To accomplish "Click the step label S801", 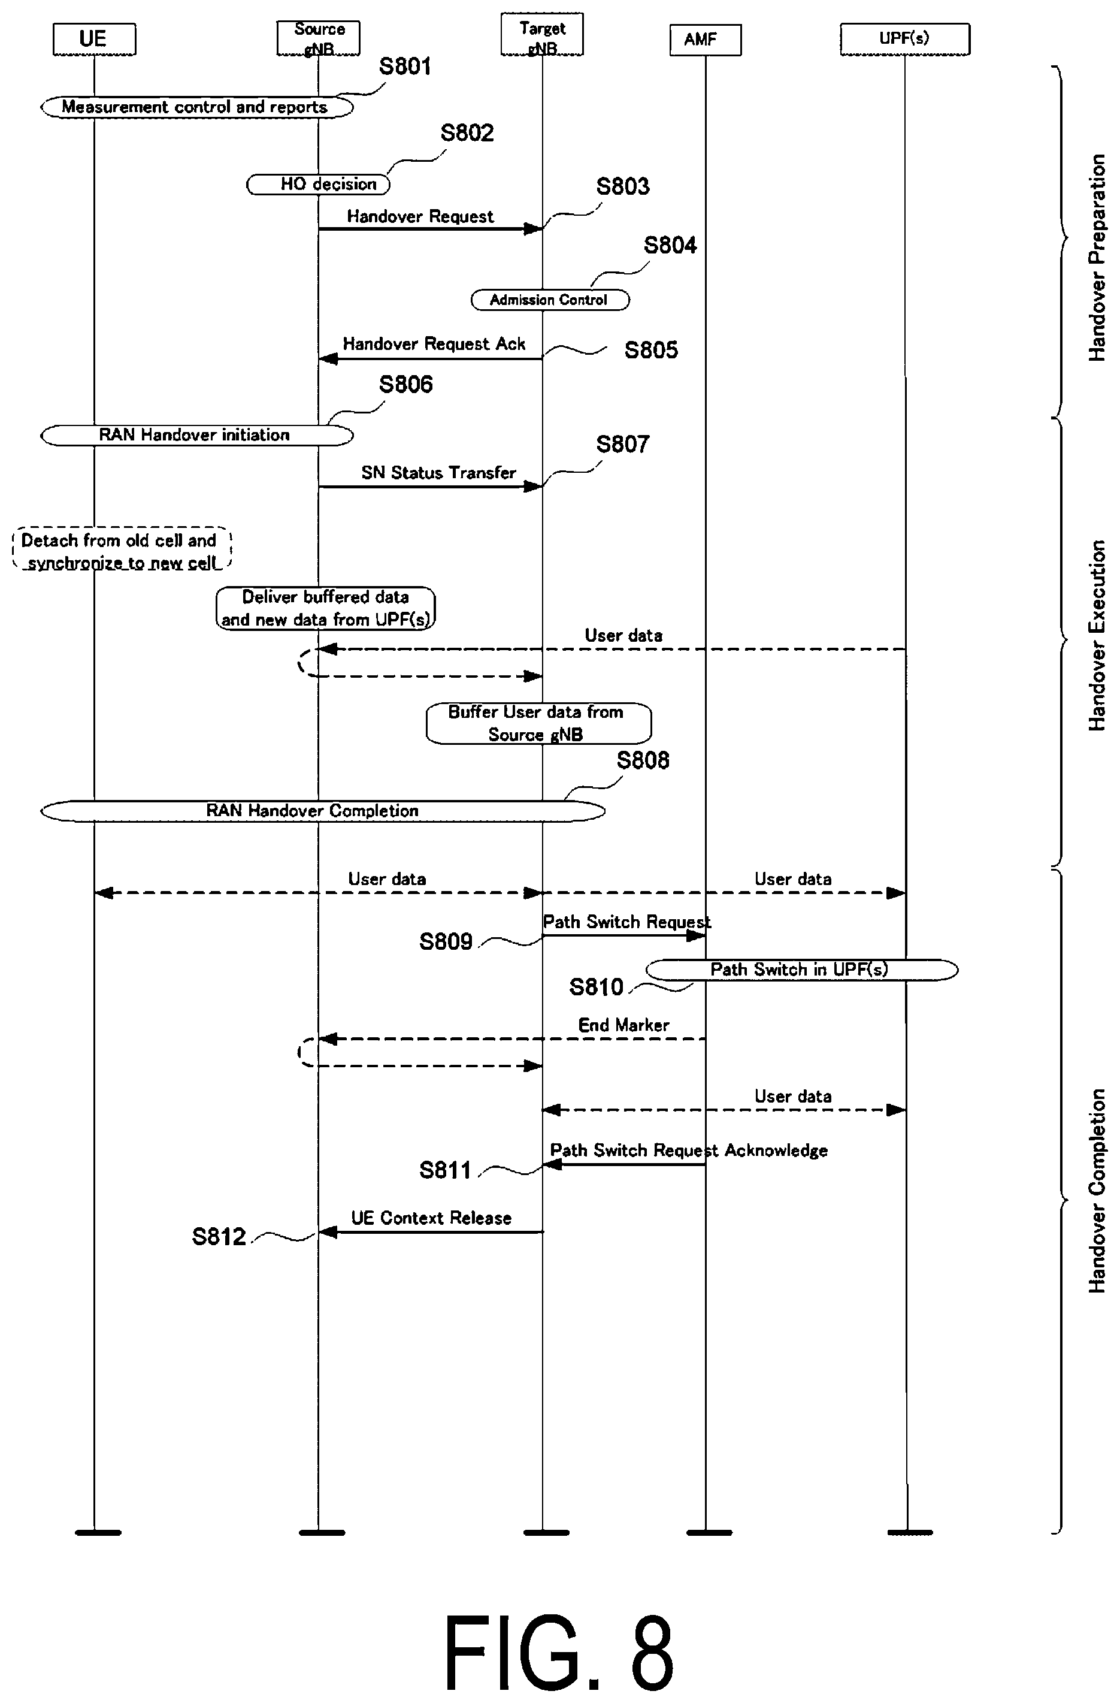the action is click(x=405, y=67).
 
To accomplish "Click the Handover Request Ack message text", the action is click(x=434, y=344).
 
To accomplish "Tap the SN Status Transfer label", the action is click(x=438, y=473).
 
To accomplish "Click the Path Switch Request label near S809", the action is click(x=627, y=922).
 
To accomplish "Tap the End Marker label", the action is click(x=623, y=1025).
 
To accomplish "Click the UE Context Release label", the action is click(x=431, y=1218).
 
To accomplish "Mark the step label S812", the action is click(x=219, y=1236).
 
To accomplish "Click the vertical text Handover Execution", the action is click(x=1097, y=635).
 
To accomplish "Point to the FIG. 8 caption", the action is click(x=559, y=1651).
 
